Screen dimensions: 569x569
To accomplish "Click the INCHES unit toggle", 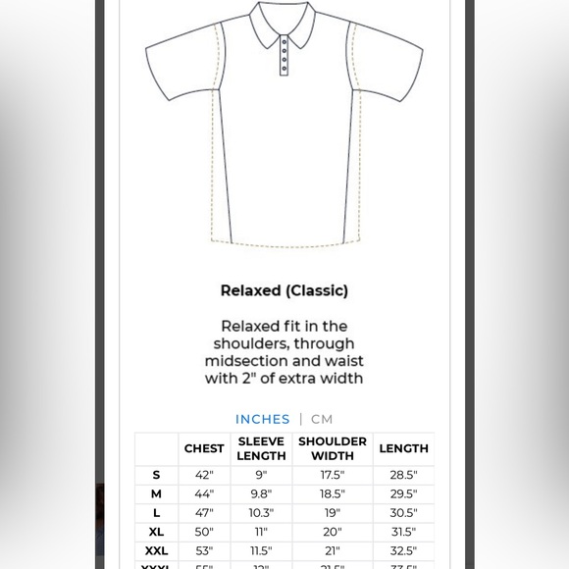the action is point(262,419).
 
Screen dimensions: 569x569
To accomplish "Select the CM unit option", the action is point(322,419).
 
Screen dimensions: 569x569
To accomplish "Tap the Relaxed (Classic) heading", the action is point(284,290).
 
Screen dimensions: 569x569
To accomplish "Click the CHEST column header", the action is point(204,448).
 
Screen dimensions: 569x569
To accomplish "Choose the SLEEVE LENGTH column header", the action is point(261,448).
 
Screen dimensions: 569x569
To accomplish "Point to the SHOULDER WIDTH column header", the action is point(333,448).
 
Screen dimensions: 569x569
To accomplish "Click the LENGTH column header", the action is point(403,448).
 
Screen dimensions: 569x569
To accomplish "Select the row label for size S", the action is point(156,475).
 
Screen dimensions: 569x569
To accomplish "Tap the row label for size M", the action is point(156,493).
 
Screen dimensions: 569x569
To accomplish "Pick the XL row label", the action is point(156,532).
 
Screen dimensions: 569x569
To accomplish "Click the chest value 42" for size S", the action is point(204,475).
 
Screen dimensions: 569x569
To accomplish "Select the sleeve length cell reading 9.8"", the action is point(261,493).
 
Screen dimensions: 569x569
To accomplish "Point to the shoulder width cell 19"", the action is point(333,513).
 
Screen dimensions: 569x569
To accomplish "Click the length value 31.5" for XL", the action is point(403,532).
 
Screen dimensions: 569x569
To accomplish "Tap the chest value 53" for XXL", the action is point(204,550).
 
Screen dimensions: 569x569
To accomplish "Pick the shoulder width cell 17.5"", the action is point(333,475).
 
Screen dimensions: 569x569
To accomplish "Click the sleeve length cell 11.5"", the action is point(261,550).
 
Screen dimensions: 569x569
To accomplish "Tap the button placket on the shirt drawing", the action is point(284,56).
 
